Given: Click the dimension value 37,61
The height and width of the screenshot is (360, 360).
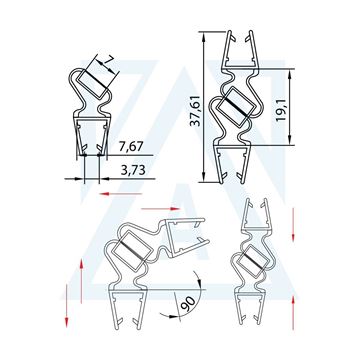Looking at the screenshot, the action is click(x=195, y=111).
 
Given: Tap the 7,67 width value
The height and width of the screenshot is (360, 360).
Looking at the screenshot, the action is click(x=130, y=146).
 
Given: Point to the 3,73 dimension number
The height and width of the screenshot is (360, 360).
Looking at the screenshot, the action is click(x=133, y=170).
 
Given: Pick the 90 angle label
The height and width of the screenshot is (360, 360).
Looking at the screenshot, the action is click(x=189, y=304).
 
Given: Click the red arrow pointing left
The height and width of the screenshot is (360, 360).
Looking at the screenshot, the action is click(x=121, y=194).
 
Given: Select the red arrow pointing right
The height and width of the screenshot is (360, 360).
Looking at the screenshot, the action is click(x=161, y=209).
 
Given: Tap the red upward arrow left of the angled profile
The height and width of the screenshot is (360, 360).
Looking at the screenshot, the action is click(x=81, y=282).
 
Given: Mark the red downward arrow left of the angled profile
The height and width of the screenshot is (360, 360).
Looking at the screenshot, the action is click(x=66, y=305).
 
